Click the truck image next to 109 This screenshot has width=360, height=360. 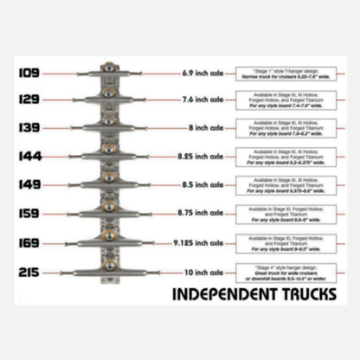point(110,73)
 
